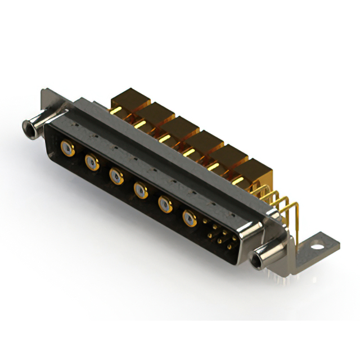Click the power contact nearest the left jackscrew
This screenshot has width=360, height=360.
coord(67,149)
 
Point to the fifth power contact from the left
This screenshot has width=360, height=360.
coord(164,204)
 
